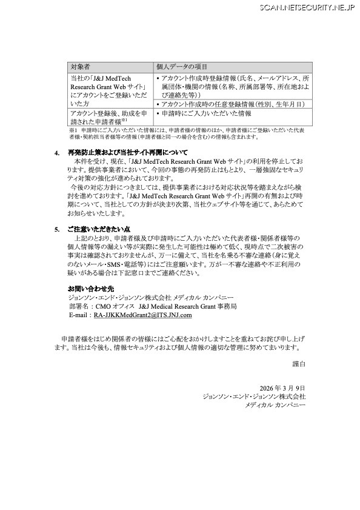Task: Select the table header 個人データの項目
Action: click(x=182, y=66)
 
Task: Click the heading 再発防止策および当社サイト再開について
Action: click(x=128, y=152)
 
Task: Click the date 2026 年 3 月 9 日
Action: click(x=282, y=388)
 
